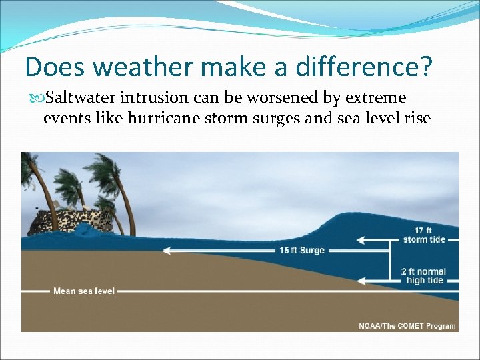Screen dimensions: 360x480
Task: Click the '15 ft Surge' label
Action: pyautogui.click(x=302, y=251)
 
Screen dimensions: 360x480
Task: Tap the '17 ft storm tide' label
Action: pyautogui.click(x=424, y=235)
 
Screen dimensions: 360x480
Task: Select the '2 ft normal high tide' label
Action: pyautogui.click(x=425, y=276)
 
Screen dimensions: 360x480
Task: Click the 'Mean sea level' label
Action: pyautogui.click(x=84, y=291)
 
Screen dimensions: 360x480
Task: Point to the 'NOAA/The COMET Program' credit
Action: pyautogui.click(x=407, y=326)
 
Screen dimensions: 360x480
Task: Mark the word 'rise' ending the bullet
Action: pyautogui.click(x=417, y=119)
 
